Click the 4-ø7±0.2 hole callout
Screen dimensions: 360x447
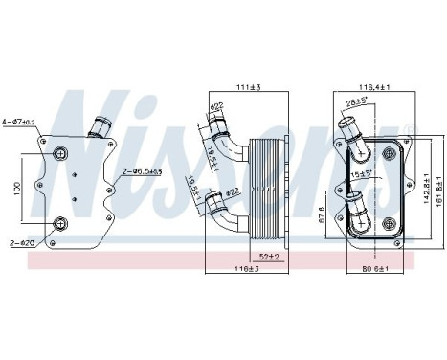(17, 121)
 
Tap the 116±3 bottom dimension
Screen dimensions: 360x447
(249, 271)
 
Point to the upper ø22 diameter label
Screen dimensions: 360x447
(217, 106)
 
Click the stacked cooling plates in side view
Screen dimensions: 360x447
(261, 187)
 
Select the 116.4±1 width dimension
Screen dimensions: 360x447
(373, 87)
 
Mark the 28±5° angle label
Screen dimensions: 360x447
(357, 101)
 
